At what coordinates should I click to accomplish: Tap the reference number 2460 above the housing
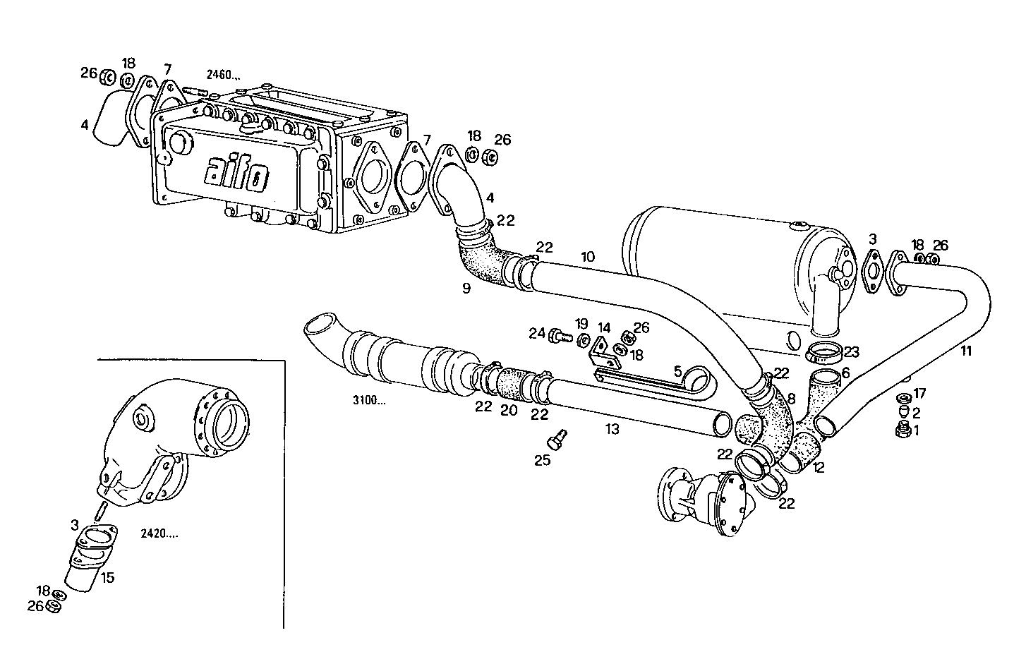tap(223, 74)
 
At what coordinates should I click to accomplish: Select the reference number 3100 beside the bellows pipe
tap(369, 401)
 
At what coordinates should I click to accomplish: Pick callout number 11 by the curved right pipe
tap(965, 351)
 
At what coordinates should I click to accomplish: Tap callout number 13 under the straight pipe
tap(612, 428)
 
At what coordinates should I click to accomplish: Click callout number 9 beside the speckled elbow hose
tap(465, 287)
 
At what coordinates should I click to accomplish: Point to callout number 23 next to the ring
tap(852, 351)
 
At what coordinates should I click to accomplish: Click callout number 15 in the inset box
tap(107, 577)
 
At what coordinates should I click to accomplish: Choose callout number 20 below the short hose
tap(509, 410)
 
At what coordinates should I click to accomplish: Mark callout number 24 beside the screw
tap(537, 332)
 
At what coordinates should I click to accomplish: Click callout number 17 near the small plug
tap(919, 393)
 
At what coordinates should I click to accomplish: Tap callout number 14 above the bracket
tap(604, 328)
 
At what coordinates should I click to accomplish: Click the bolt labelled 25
tap(556, 440)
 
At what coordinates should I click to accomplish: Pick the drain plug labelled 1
tap(902, 430)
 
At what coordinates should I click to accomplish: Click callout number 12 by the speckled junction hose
tap(819, 466)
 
